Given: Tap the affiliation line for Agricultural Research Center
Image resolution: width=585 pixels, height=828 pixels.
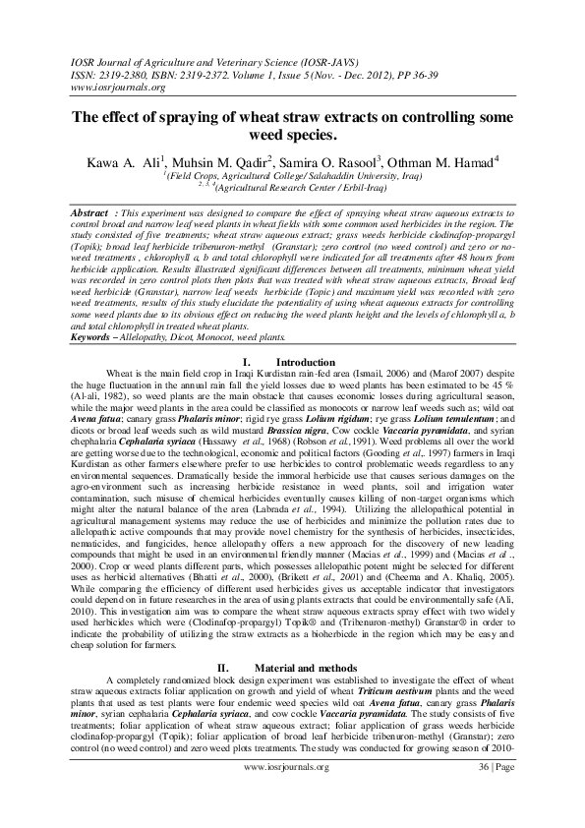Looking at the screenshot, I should (292, 185).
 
